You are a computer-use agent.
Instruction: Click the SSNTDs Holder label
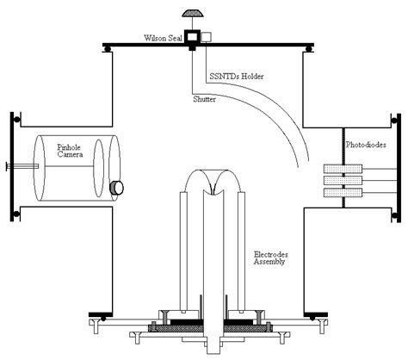pyautogui.click(x=235, y=78)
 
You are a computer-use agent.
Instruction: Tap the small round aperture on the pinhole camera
pyautogui.click(x=118, y=186)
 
